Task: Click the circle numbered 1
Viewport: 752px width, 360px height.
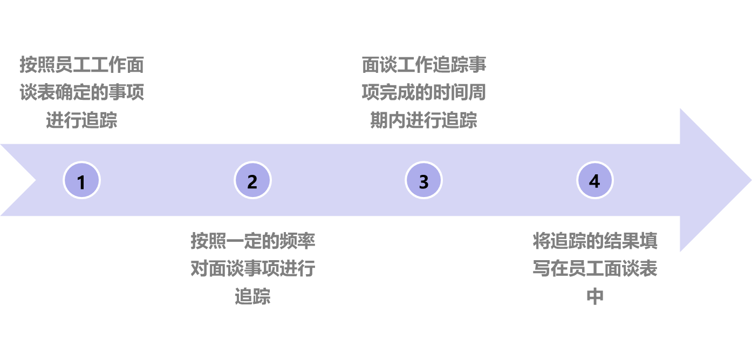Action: tap(81, 180)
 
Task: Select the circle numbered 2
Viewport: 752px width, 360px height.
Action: tap(252, 180)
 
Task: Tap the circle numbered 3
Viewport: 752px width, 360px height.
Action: tap(423, 180)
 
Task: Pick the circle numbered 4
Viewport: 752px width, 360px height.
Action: tap(594, 180)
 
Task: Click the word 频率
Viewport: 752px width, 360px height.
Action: tap(297, 241)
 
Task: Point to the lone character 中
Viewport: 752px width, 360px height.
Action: tap(594, 296)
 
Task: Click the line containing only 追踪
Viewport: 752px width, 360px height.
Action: tap(252, 296)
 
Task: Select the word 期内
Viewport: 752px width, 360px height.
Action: tap(388, 120)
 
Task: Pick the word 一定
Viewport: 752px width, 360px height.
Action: tap(235, 241)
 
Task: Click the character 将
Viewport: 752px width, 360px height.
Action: tap(541, 241)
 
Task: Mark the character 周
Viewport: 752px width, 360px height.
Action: tap(477, 92)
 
